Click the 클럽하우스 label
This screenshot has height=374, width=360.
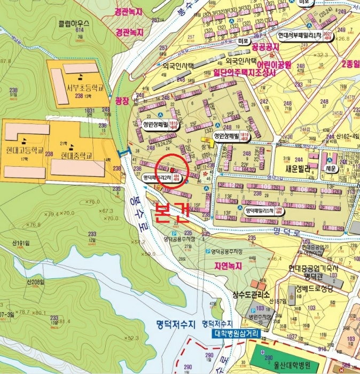[74, 24]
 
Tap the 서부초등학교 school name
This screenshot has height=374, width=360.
[80, 88]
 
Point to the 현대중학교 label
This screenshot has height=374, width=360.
[77, 156]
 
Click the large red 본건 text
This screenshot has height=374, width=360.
[171, 213]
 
